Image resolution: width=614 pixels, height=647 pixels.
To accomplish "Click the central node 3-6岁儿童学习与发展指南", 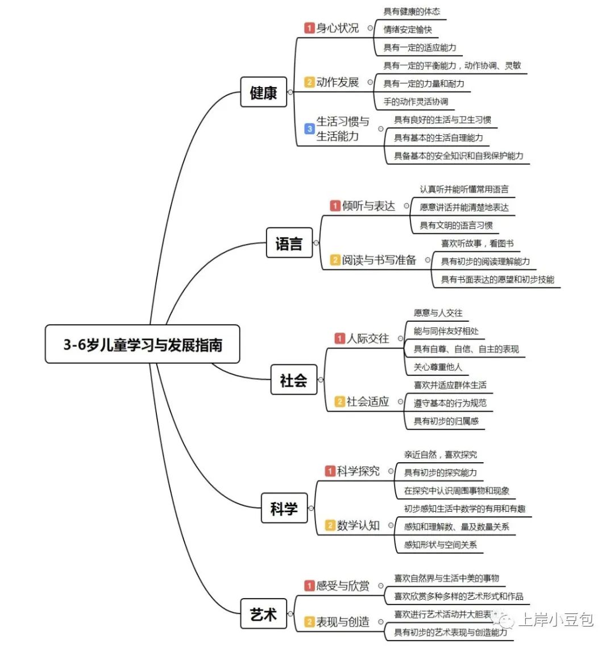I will (142, 345).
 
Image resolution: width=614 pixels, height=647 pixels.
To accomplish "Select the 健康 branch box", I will (263, 92).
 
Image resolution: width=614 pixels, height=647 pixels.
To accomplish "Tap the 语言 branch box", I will (289, 243).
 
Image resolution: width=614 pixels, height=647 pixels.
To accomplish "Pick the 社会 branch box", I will (293, 380).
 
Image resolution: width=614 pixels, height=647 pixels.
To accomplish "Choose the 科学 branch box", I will (284, 508).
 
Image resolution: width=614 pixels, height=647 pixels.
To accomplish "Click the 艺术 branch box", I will (263, 614).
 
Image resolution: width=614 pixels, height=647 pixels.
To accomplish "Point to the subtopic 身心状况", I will (337, 28).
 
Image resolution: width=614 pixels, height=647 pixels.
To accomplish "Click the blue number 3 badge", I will (309, 129).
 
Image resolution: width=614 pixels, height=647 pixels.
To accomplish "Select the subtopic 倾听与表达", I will (368, 206).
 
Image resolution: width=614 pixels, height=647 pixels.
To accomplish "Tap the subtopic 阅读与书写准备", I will (379, 260).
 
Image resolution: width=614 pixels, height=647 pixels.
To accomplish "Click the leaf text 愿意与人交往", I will (438, 313).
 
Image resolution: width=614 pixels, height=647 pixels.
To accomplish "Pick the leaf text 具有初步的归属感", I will (446, 421).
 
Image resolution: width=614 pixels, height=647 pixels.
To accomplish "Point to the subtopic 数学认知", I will (358, 525).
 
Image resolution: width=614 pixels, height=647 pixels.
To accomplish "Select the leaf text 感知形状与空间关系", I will (440, 545).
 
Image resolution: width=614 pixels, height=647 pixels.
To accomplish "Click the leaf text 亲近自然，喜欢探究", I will (440, 455).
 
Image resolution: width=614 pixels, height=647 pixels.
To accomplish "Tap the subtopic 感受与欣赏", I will (343, 586).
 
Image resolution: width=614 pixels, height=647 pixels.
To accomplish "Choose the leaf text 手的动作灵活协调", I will (416, 102).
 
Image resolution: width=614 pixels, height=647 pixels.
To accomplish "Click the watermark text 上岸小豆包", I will (556, 619).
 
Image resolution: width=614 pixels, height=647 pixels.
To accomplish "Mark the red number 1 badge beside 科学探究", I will (330, 471).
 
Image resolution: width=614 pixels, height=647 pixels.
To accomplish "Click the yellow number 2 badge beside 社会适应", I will (340, 402).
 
